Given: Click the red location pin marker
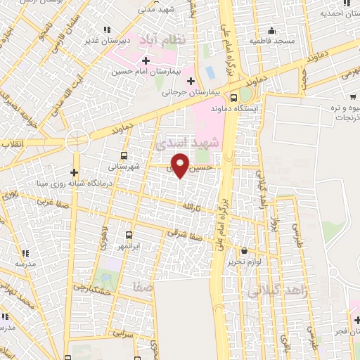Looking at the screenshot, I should click(x=181, y=165).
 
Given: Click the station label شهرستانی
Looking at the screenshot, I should click(x=124, y=167).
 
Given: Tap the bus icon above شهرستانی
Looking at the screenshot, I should click(x=124, y=155).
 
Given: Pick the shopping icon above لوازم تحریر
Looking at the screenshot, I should click(x=244, y=250).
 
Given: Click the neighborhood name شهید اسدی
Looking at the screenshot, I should click(x=195, y=143).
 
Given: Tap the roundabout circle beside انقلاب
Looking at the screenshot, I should click(x=76, y=143).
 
